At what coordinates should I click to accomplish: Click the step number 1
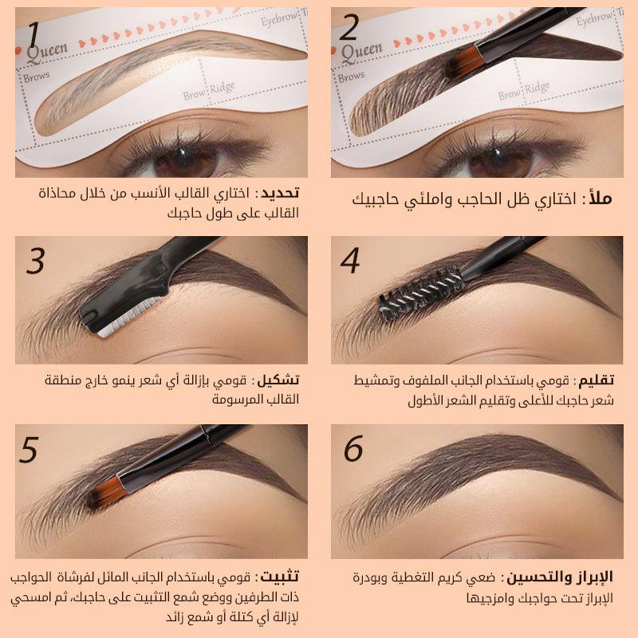coord(33,35)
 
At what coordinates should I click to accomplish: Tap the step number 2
coord(349,29)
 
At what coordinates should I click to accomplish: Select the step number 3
coord(35,260)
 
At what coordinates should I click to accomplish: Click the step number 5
coord(30,450)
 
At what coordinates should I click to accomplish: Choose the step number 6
coord(353,449)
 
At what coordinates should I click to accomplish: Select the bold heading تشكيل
coord(282,380)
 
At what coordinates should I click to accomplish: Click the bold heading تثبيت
coord(282,577)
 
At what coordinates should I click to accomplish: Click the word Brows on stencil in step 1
coord(37,77)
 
